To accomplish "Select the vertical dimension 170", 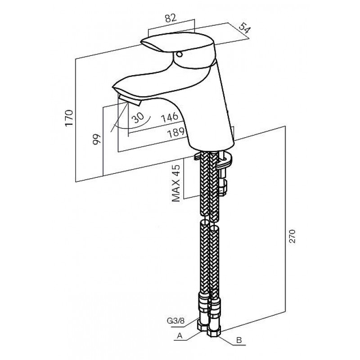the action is click(x=69, y=118).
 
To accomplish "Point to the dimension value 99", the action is click(x=97, y=139).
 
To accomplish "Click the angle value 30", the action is click(x=138, y=118).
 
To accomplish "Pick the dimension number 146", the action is click(x=170, y=117).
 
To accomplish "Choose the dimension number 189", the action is click(x=176, y=132).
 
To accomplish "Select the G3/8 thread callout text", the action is click(x=176, y=321).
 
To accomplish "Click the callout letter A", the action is click(x=180, y=336).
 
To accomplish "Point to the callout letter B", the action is click(x=239, y=340).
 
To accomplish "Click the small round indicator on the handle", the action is click(x=179, y=54).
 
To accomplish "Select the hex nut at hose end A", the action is click(x=202, y=325).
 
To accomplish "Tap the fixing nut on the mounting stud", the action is click(x=222, y=185).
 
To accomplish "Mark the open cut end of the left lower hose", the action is click(x=205, y=223).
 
